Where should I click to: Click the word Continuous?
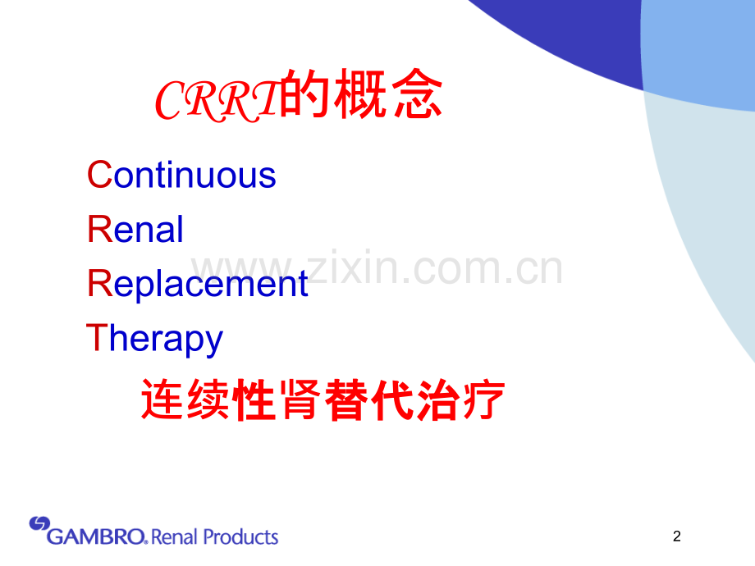coord(181,174)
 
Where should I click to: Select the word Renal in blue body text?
coord(135,229)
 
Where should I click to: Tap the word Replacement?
coord(198,284)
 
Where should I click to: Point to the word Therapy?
coord(154,340)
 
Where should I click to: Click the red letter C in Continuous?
coord(99,174)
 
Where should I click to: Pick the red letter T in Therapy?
coord(96,337)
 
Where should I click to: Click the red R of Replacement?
coord(99,283)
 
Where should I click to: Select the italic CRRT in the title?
coord(217,100)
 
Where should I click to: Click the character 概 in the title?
coord(360,94)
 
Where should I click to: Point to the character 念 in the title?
coord(417,94)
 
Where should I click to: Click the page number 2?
coord(676,536)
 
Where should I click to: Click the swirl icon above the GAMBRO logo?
coord(39,523)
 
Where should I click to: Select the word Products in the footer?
coord(240,536)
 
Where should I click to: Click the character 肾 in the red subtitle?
coord(301,400)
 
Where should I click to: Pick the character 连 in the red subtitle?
coord(162,400)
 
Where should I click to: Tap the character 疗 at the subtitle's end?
coord(484,400)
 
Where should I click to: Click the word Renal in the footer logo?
coord(174,536)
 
